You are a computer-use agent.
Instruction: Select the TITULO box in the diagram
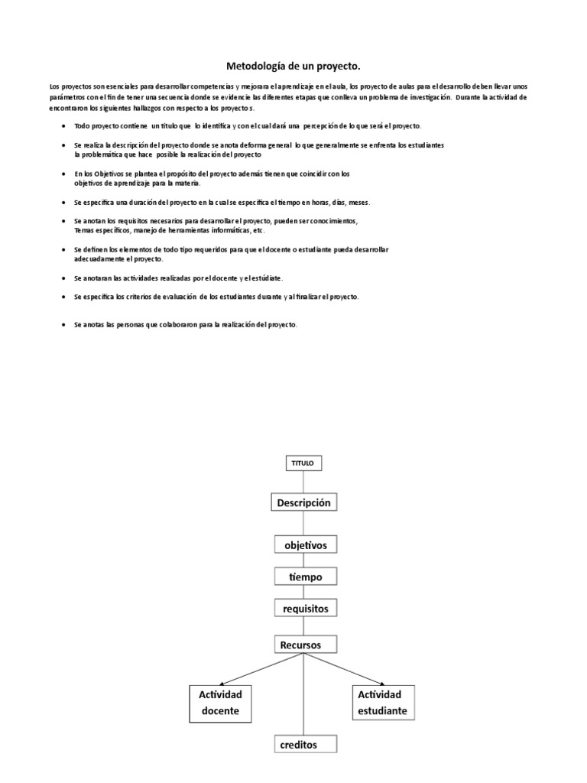pyautogui.click(x=304, y=463)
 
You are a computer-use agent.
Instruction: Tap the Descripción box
pyautogui.click(x=304, y=502)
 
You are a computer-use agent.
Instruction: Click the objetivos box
pyautogui.click(x=305, y=545)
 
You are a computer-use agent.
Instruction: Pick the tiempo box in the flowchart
pyautogui.click(x=305, y=577)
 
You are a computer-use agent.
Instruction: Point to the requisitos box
pyautogui.click(x=305, y=608)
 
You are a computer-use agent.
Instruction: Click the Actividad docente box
pyautogui.click(x=220, y=703)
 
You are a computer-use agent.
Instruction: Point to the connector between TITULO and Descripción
pyautogui.click(x=304, y=482)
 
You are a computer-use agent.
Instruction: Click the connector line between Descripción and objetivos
pyautogui.click(x=304, y=523)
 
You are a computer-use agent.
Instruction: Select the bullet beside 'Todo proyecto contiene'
pyautogui.click(x=62, y=126)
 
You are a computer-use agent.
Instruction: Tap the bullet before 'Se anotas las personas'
pyautogui.click(x=62, y=325)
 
